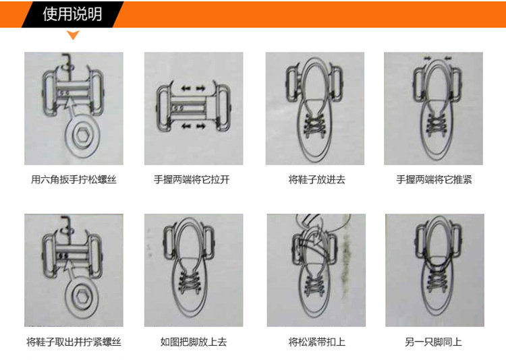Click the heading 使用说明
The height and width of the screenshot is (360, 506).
(x=72, y=14)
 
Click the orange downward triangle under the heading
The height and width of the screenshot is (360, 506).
(x=73, y=35)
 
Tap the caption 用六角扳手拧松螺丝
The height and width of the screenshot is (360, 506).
(x=74, y=180)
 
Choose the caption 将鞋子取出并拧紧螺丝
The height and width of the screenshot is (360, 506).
(x=74, y=342)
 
